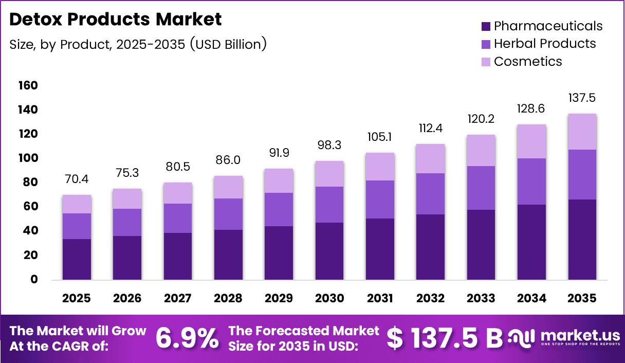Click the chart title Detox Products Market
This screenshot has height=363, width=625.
[116, 20]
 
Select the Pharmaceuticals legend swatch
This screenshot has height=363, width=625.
[486, 26]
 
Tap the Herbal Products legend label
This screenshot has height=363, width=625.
[545, 44]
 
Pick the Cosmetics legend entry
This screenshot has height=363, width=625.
[528, 62]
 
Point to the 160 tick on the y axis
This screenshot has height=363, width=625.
[28, 85]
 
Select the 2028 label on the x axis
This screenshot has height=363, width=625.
[228, 298]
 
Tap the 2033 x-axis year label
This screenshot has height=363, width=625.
[481, 298]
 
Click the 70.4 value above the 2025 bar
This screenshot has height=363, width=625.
[76, 179]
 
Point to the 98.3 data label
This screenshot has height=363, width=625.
[329, 146]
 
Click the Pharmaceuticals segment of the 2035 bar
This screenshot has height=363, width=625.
[582, 239]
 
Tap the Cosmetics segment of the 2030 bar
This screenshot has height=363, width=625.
[329, 174]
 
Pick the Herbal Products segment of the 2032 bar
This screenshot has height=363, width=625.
[431, 194]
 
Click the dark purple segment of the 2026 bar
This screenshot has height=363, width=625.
[127, 257]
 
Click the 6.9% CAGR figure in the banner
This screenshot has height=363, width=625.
[187, 338]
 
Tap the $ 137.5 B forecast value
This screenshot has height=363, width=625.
[444, 338]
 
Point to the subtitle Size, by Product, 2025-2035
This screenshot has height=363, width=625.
[138, 44]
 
